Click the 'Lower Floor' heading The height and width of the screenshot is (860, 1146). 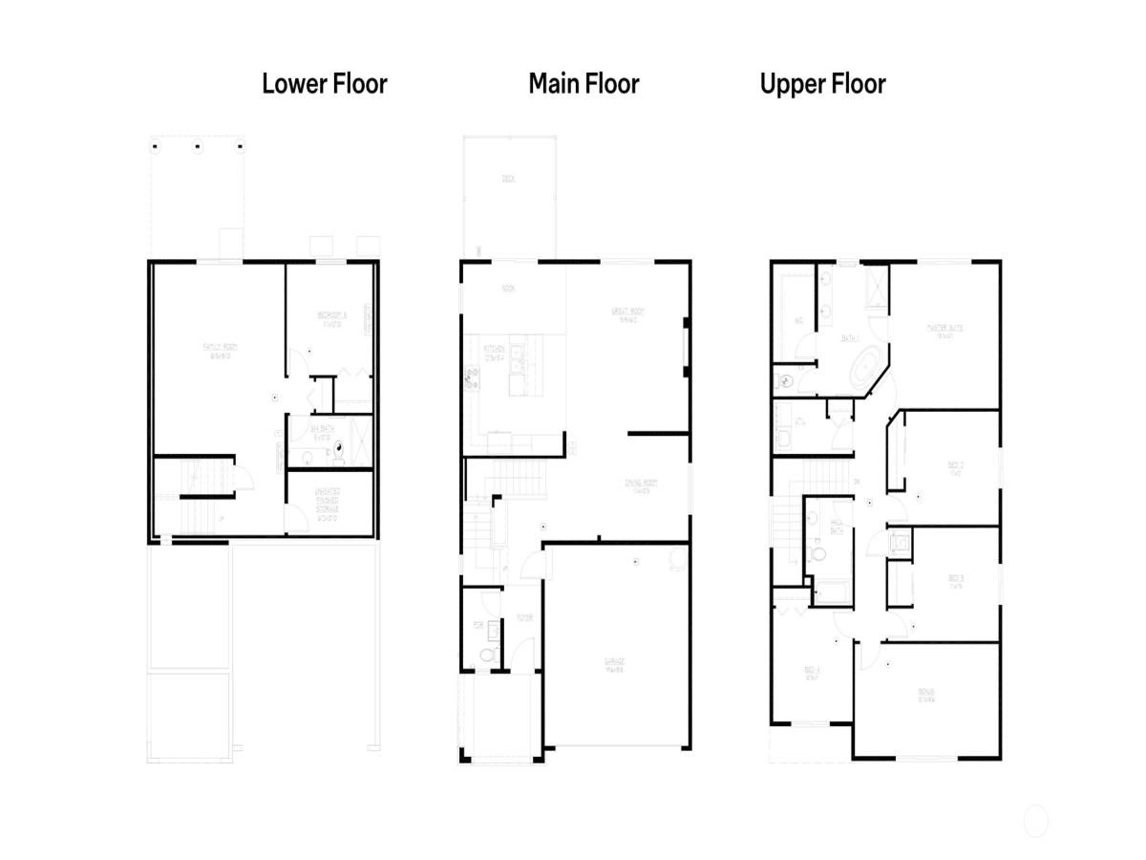pos(325,84)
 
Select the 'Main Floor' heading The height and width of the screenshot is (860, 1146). pos(584,84)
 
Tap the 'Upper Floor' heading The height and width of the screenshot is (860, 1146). pos(822,84)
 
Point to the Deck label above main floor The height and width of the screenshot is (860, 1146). pos(508,179)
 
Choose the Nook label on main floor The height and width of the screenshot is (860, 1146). pos(508,288)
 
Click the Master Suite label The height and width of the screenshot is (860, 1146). pos(944,330)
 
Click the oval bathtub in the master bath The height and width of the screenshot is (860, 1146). pos(866,369)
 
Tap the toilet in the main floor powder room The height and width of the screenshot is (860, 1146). pos(487,656)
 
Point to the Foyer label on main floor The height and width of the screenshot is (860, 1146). pos(523,618)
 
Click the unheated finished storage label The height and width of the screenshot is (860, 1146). pos(328,503)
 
